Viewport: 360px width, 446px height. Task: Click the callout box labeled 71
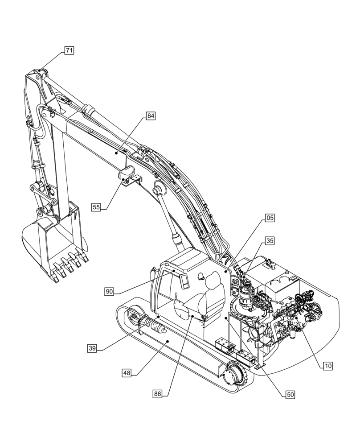(x=69, y=50)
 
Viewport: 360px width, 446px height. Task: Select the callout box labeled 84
(x=151, y=116)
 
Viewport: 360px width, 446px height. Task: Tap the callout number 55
(x=96, y=206)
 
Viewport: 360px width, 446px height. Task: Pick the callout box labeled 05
(x=269, y=218)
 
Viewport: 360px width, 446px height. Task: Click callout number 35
(x=269, y=241)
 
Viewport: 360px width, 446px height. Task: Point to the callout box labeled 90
(x=110, y=291)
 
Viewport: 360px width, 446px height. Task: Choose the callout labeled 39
(x=92, y=348)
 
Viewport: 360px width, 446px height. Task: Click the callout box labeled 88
(x=157, y=393)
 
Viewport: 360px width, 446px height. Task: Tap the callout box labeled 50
(x=290, y=394)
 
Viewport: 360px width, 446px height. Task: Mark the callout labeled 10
(x=327, y=366)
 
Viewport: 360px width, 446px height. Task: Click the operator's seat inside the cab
(x=212, y=297)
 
